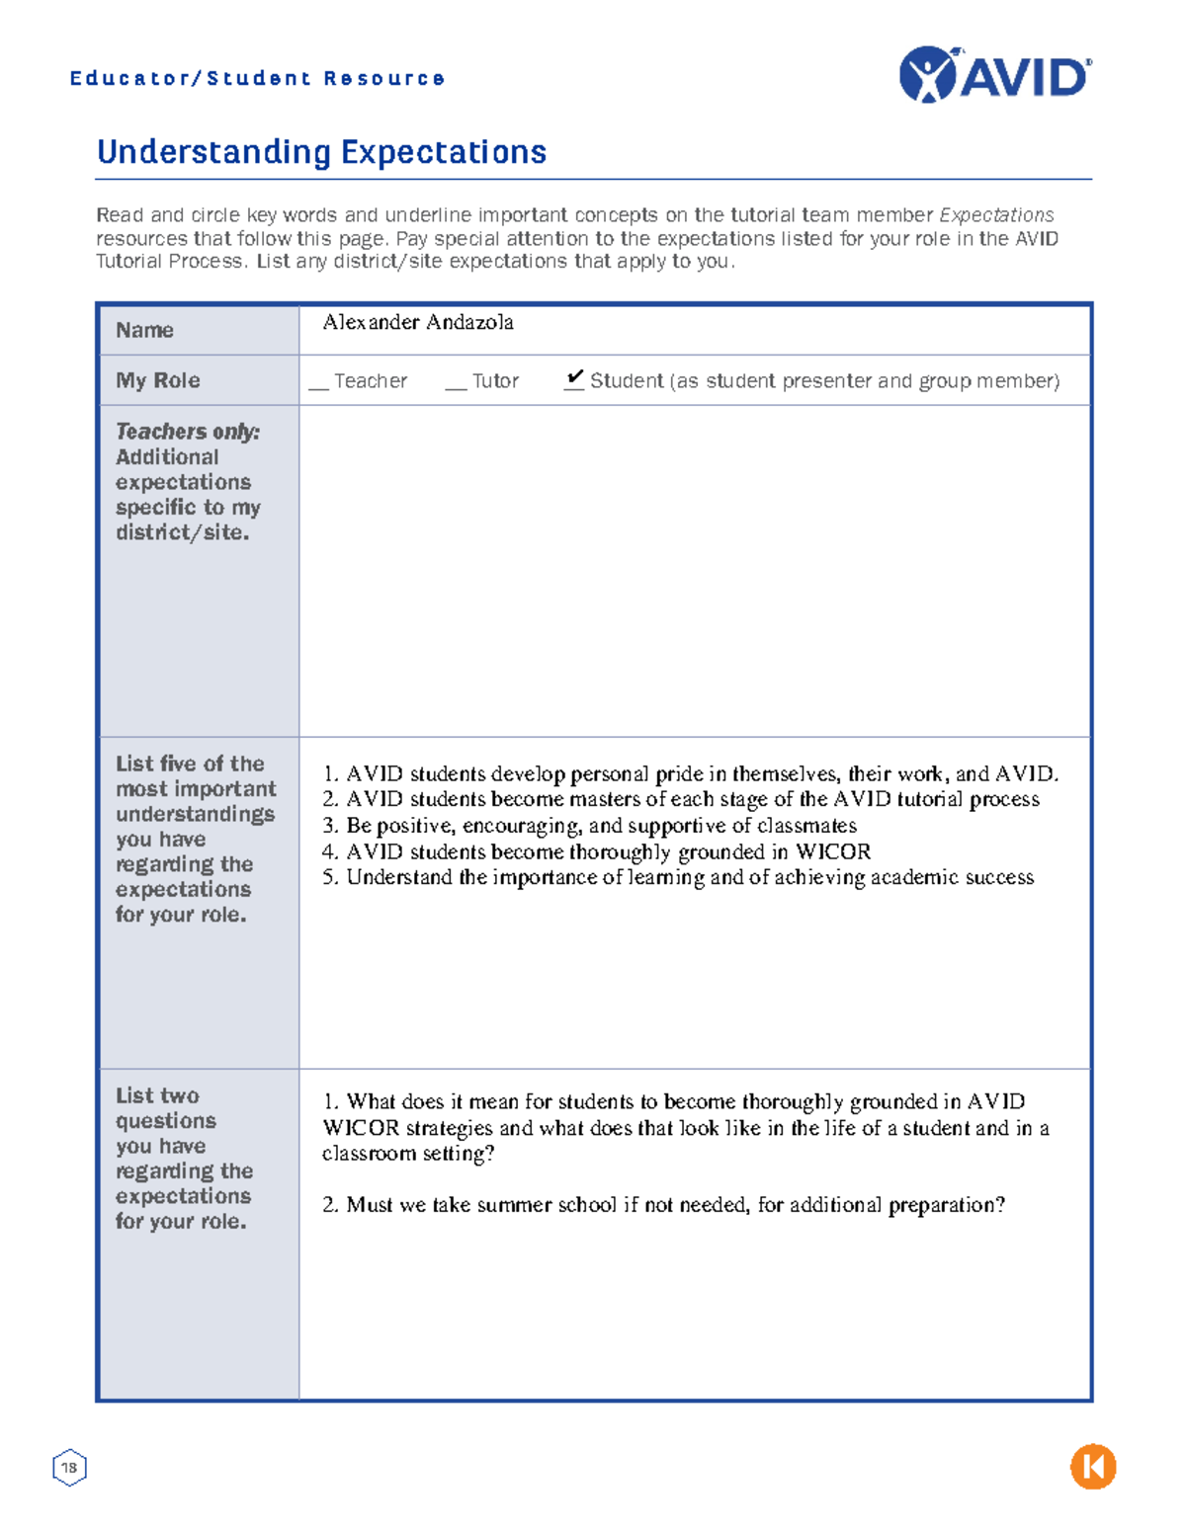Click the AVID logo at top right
(995, 75)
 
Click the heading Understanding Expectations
(321, 152)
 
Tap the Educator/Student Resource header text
(257, 78)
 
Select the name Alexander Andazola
(417, 322)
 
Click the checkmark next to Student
(574, 377)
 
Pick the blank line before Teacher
(318, 386)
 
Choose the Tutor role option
(494, 381)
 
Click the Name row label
(144, 330)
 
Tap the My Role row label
(157, 380)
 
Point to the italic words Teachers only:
(187, 432)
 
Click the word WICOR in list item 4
(832, 851)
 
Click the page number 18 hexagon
(69, 1467)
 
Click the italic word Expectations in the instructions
(996, 215)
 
